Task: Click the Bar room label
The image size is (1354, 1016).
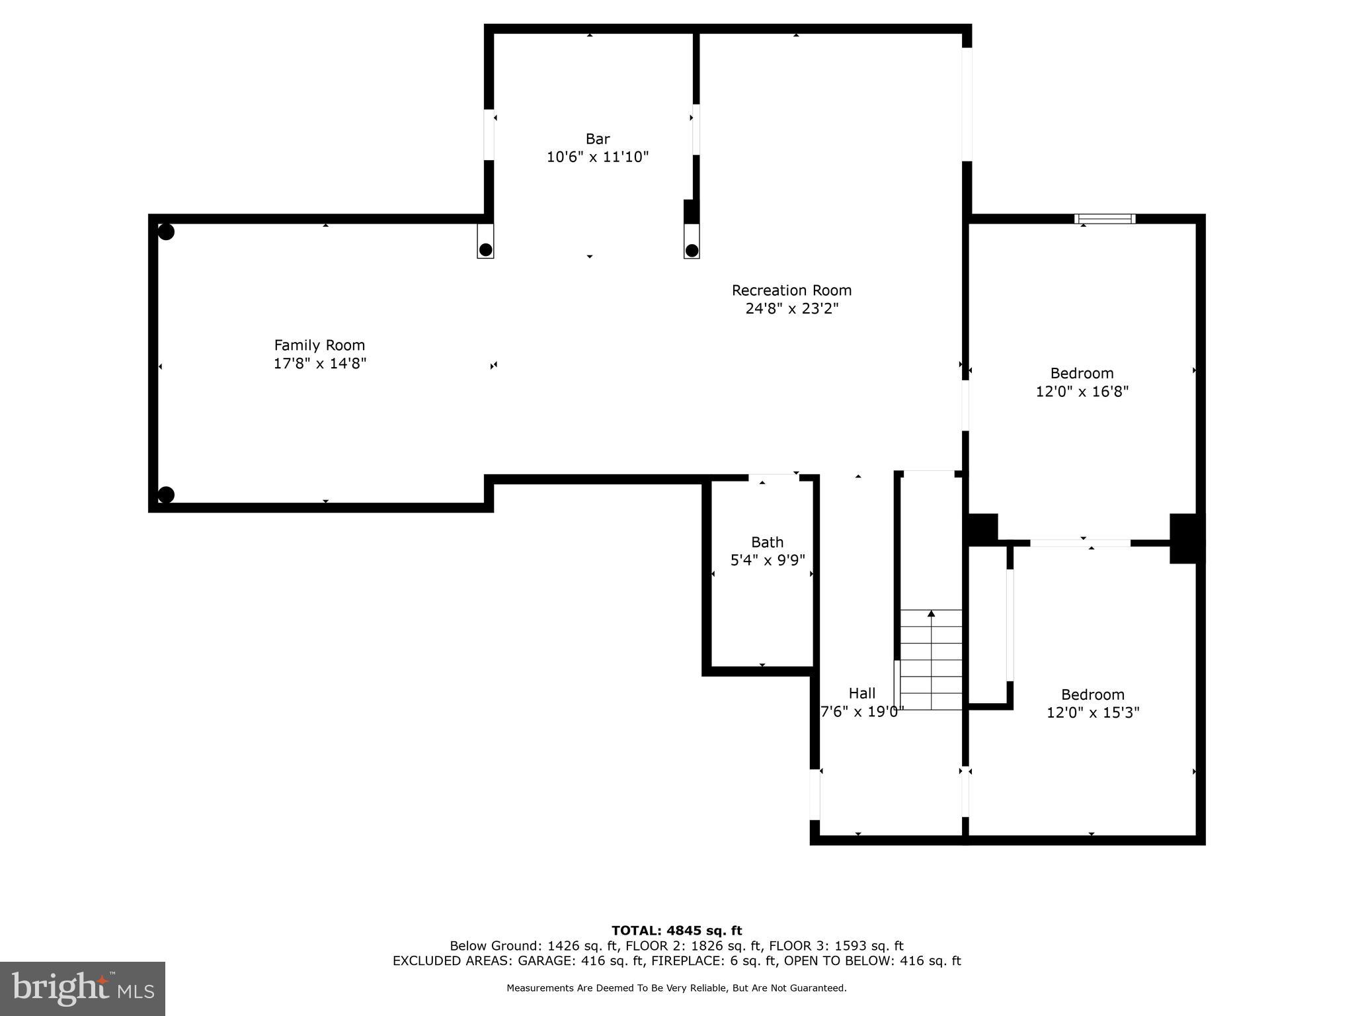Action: (597, 139)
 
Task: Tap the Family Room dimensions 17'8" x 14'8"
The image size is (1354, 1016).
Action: (320, 363)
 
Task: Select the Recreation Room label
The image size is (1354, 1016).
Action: (791, 290)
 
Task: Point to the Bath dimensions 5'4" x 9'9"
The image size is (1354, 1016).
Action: (768, 560)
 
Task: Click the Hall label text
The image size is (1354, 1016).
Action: (861, 693)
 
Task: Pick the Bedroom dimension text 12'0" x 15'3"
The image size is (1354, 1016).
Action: (1093, 712)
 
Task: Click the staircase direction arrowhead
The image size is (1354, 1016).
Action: (931, 614)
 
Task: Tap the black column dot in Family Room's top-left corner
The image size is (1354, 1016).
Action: (166, 232)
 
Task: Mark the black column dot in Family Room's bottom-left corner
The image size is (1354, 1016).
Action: (166, 495)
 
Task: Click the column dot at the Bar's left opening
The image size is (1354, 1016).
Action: (485, 249)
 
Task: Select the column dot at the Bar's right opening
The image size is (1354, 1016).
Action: (692, 250)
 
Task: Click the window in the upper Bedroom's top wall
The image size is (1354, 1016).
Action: (1105, 219)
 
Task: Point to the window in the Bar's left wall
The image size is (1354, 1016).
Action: (489, 135)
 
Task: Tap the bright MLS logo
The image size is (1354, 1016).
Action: (83, 988)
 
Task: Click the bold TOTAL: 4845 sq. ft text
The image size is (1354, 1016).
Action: (676, 931)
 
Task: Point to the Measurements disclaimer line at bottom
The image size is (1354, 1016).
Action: (676, 988)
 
